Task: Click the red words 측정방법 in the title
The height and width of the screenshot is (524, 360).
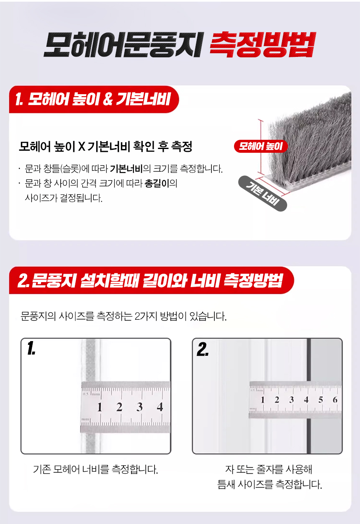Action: point(262,45)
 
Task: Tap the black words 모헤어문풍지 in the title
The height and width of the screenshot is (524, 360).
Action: point(123,45)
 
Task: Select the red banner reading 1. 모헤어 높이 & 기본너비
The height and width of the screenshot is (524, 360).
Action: point(94,99)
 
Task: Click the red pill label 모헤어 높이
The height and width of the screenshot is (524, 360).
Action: point(261,146)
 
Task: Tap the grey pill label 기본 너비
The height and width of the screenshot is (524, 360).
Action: point(262,193)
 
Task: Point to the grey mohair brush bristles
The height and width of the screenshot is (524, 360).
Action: point(311,138)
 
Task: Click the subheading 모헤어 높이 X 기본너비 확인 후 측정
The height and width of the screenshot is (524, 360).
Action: point(105,146)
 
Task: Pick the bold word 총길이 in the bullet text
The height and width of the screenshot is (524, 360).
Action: point(157,183)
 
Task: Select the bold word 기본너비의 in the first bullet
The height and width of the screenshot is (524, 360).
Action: point(131,169)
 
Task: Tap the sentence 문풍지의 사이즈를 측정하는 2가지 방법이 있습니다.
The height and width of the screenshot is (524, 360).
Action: point(123,316)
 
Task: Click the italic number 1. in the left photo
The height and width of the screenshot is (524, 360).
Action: point(31,348)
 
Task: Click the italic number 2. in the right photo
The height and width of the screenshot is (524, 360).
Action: point(203,349)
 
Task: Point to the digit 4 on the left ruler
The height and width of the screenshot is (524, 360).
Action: point(160,407)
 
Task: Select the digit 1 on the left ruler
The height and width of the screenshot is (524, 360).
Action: point(100,407)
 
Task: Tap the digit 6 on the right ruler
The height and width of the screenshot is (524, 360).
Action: point(335,400)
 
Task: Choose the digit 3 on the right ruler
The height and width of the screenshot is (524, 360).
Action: point(291,400)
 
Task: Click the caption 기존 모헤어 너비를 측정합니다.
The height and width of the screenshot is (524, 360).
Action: point(95,469)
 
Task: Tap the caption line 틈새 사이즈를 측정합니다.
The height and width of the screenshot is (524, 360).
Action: point(270,484)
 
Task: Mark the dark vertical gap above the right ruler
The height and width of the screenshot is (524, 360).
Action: point(309,360)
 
